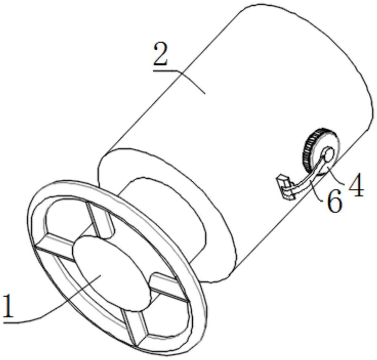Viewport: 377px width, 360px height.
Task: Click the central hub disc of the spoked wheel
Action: pyautogui.click(x=112, y=272)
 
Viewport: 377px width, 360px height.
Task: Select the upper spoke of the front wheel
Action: pyautogui.click(x=101, y=221)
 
